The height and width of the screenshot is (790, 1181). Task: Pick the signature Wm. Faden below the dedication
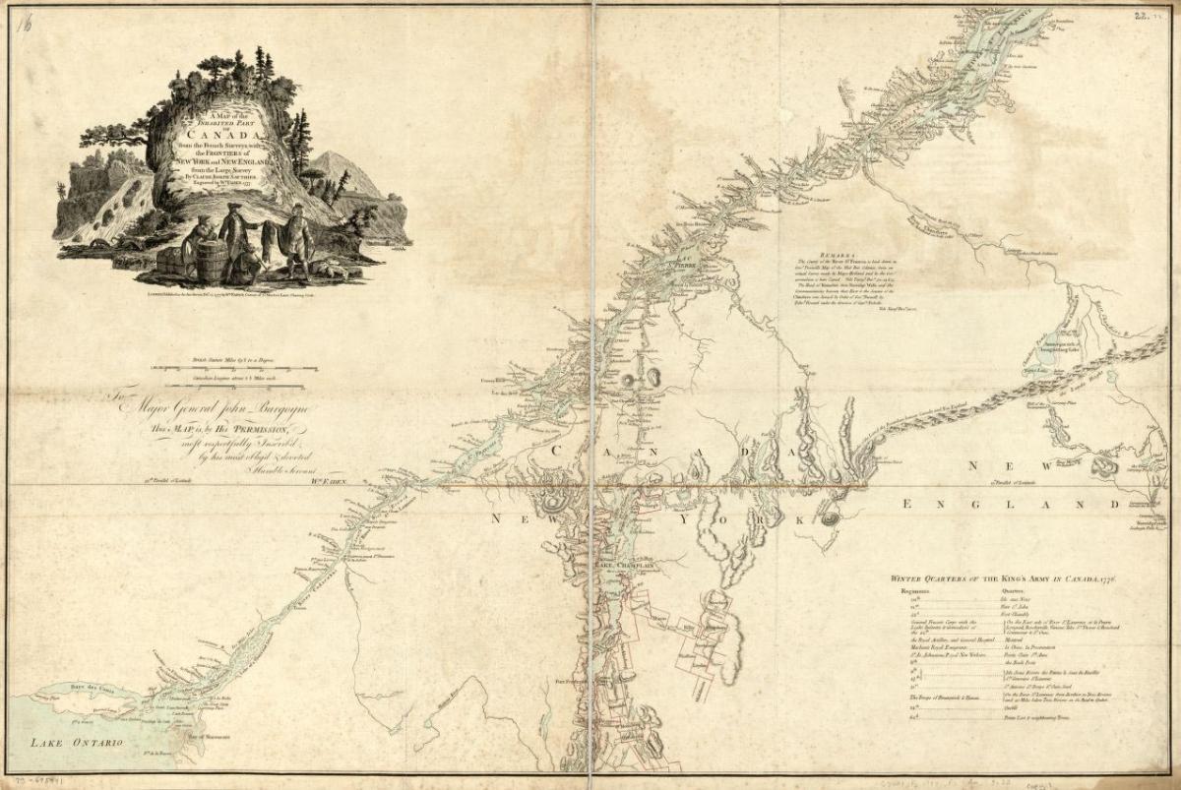pyautogui.click(x=334, y=481)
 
